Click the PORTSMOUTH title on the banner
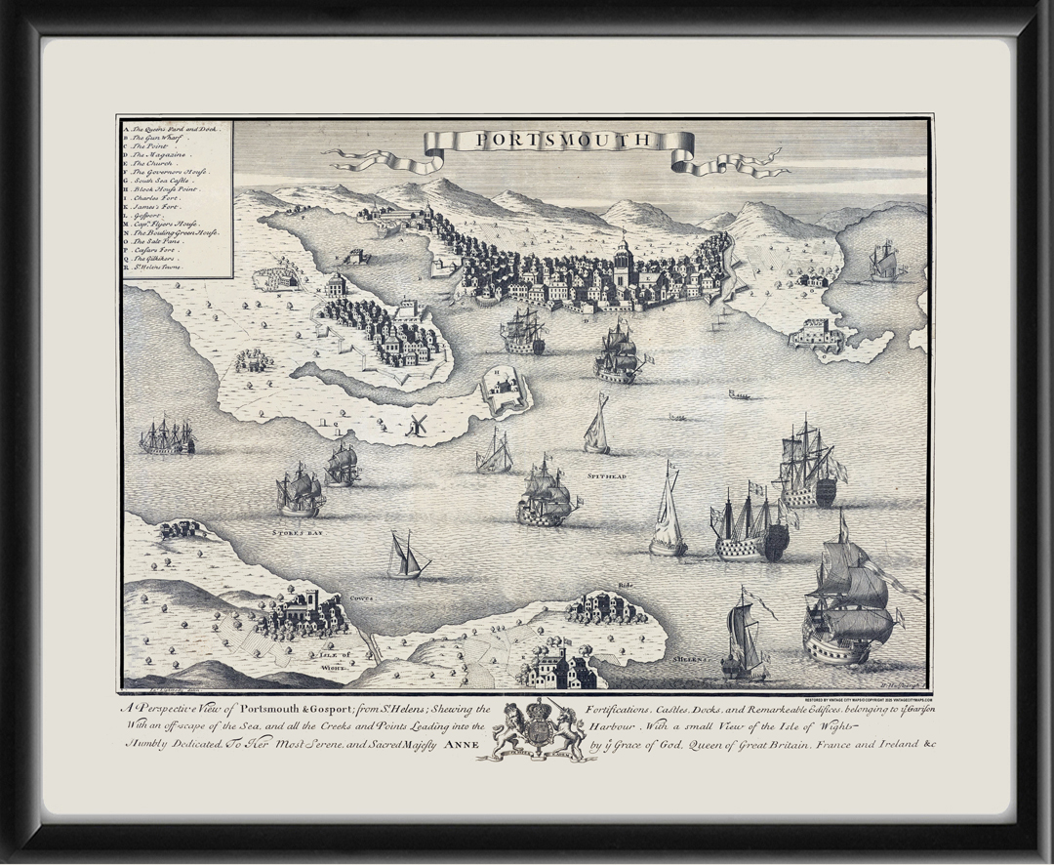point(562,141)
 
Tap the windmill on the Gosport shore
point(417,424)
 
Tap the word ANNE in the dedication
point(464,744)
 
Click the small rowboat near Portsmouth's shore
point(740,395)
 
